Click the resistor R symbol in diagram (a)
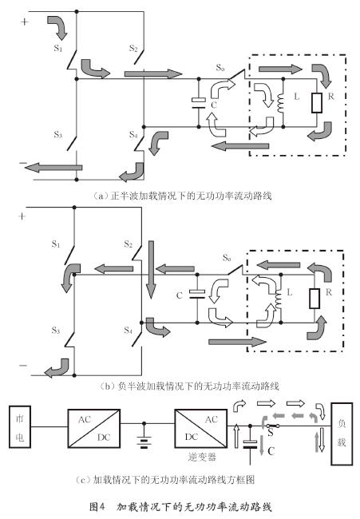click(x=317, y=103)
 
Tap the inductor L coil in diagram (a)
click(x=281, y=103)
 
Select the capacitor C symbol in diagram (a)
click(x=199, y=103)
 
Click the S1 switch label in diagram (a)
click(x=58, y=49)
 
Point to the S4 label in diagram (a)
click(x=133, y=135)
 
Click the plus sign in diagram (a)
click(x=25, y=22)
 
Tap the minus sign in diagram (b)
click(x=23, y=366)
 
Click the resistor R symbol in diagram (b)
click(x=315, y=299)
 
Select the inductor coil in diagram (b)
click(x=279, y=299)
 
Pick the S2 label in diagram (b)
click(x=128, y=244)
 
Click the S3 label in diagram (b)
click(x=56, y=331)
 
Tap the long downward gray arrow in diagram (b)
click(x=151, y=269)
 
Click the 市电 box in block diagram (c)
click(x=20, y=426)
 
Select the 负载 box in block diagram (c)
click(x=342, y=434)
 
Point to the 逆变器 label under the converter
click(x=202, y=457)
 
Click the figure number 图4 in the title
click(x=97, y=507)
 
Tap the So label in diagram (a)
click(x=220, y=68)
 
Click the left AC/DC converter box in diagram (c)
click(x=94, y=429)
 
